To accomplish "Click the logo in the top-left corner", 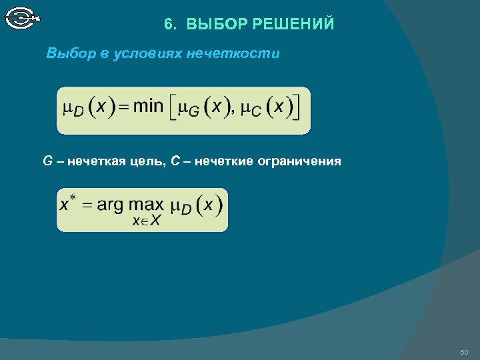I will [22, 17].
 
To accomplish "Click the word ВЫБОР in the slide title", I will [216, 25].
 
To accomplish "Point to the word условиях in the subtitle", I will [154, 54].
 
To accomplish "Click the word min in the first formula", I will [148, 107].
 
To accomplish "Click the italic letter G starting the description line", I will [47, 161].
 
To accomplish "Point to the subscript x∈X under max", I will [145, 221].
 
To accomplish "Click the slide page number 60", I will [465, 351].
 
